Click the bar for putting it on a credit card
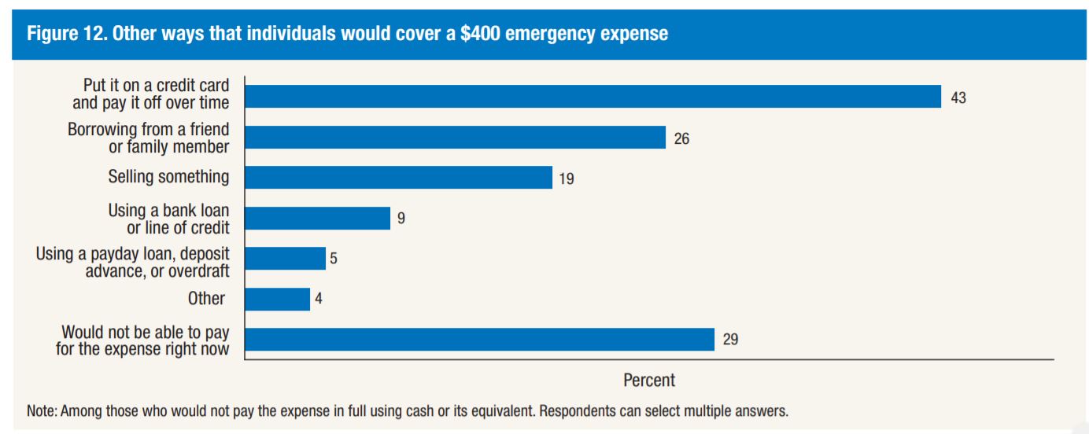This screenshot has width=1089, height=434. (592, 97)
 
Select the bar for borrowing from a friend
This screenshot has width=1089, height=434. (455, 138)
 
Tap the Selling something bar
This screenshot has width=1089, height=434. (398, 178)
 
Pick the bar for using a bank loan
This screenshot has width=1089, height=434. (317, 219)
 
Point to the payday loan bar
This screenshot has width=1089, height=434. (285, 259)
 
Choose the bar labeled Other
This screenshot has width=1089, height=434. (277, 300)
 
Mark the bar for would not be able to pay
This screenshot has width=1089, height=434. (479, 340)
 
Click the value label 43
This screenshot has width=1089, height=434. (958, 97)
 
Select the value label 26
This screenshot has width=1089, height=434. (681, 138)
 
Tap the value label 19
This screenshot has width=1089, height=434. (567, 179)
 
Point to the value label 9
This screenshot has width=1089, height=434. (401, 219)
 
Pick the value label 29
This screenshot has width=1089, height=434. (730, 340)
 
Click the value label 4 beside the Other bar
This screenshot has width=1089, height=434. (319, 300)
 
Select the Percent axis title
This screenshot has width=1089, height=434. (649, 381)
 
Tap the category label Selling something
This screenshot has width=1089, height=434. (168, 177)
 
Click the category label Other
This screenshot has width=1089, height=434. (206, 299)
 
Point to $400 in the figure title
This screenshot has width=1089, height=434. (482, 35)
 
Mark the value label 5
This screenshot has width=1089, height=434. (334, 259)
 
